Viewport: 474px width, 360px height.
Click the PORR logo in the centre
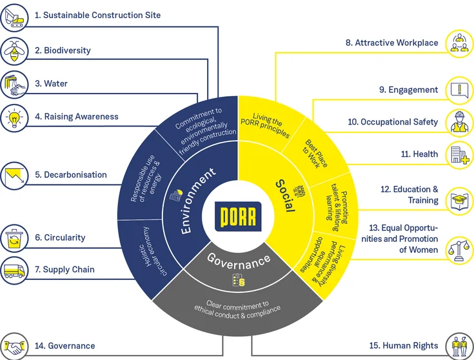(x=237, y=216)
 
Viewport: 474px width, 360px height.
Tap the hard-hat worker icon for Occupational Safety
(x=459, y=122)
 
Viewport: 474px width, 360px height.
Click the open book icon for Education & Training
(x=459, y=199)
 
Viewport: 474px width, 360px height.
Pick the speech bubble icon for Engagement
(x=459, y=90)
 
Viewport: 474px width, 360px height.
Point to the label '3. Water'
(x=51, y=84)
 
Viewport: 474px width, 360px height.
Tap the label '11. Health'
(x=419, y=154)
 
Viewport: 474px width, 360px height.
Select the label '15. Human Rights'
(x=404, y=346)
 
